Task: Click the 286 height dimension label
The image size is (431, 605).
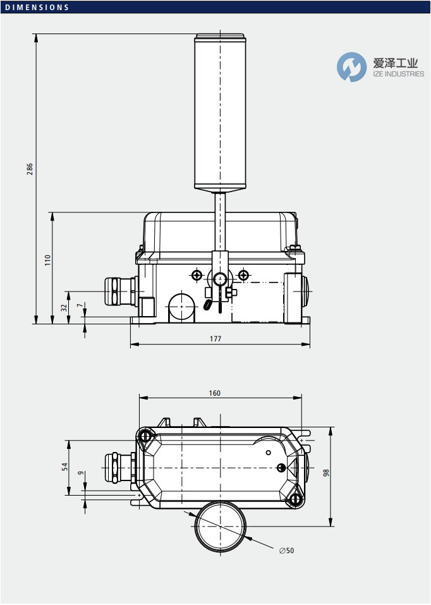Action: [x=30, y=169]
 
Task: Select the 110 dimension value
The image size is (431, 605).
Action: [x=47, y=260]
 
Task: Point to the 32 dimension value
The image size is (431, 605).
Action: [x=63, y=307]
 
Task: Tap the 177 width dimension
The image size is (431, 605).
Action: [x=215, y=339]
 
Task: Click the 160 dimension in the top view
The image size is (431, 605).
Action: [x=215, y=393]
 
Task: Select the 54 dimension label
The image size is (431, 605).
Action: [x=64, y=467]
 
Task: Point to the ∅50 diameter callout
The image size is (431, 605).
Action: [x=287, y=551]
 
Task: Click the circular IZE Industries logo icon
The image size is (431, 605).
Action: [x=351, y=67]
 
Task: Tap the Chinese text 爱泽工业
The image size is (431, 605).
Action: [x=396, y=63]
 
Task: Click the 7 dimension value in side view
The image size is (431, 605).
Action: [x=79, y=306]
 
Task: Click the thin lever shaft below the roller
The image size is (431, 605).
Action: [x=219, y=221]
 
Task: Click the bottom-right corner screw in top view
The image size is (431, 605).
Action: [x=295, y=500]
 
